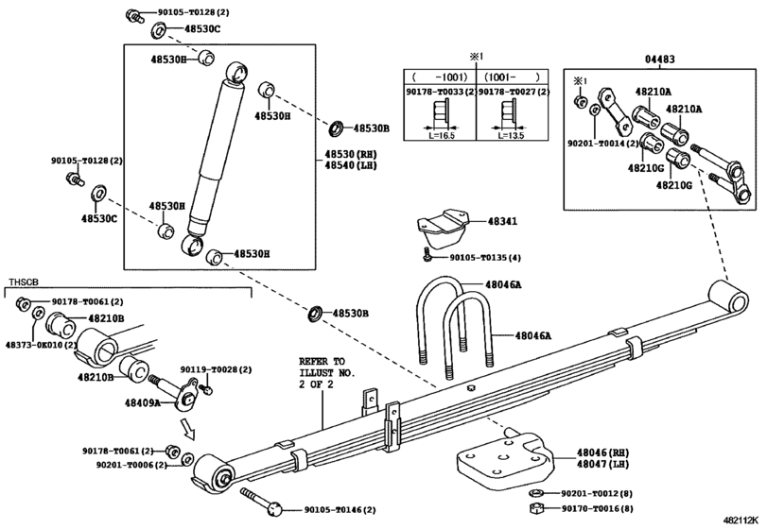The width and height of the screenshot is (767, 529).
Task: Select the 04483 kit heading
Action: tap(660, 60)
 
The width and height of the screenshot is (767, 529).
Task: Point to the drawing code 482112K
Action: tap(741, 520)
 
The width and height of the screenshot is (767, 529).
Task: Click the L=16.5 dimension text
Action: tap(436, 135)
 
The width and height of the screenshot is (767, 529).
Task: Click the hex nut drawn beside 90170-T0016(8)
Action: tap(533, 508)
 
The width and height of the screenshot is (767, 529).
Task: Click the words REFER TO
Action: tap(322, 362)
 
